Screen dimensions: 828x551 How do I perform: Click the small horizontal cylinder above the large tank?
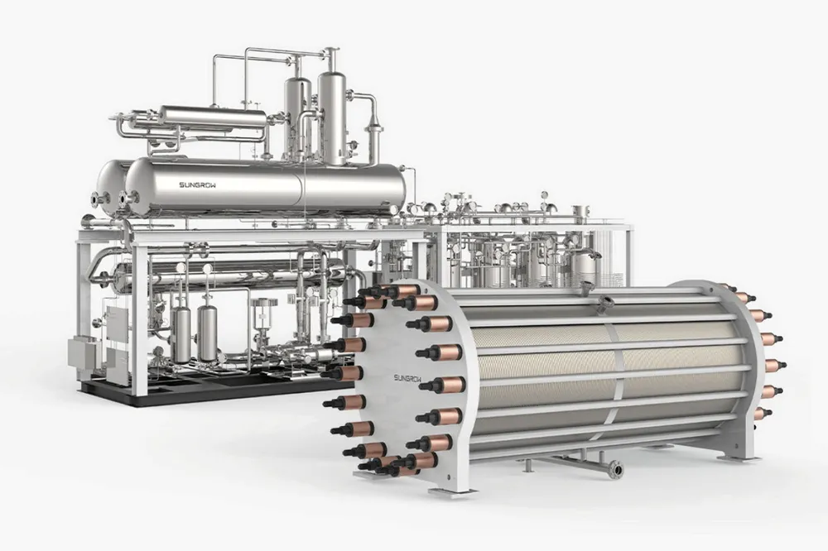coord(213,119)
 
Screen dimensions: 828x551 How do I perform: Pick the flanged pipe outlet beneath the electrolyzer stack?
coord(614,468)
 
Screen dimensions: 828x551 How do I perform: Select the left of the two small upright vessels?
coord(181,332)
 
